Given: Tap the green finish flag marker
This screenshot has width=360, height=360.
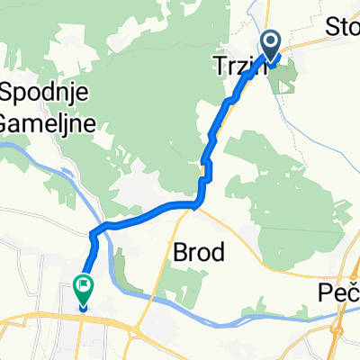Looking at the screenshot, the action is point(82,291).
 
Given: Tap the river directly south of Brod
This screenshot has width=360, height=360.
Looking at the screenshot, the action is point(216,306).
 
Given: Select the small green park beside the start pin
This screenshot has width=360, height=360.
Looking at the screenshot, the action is point(286,83).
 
